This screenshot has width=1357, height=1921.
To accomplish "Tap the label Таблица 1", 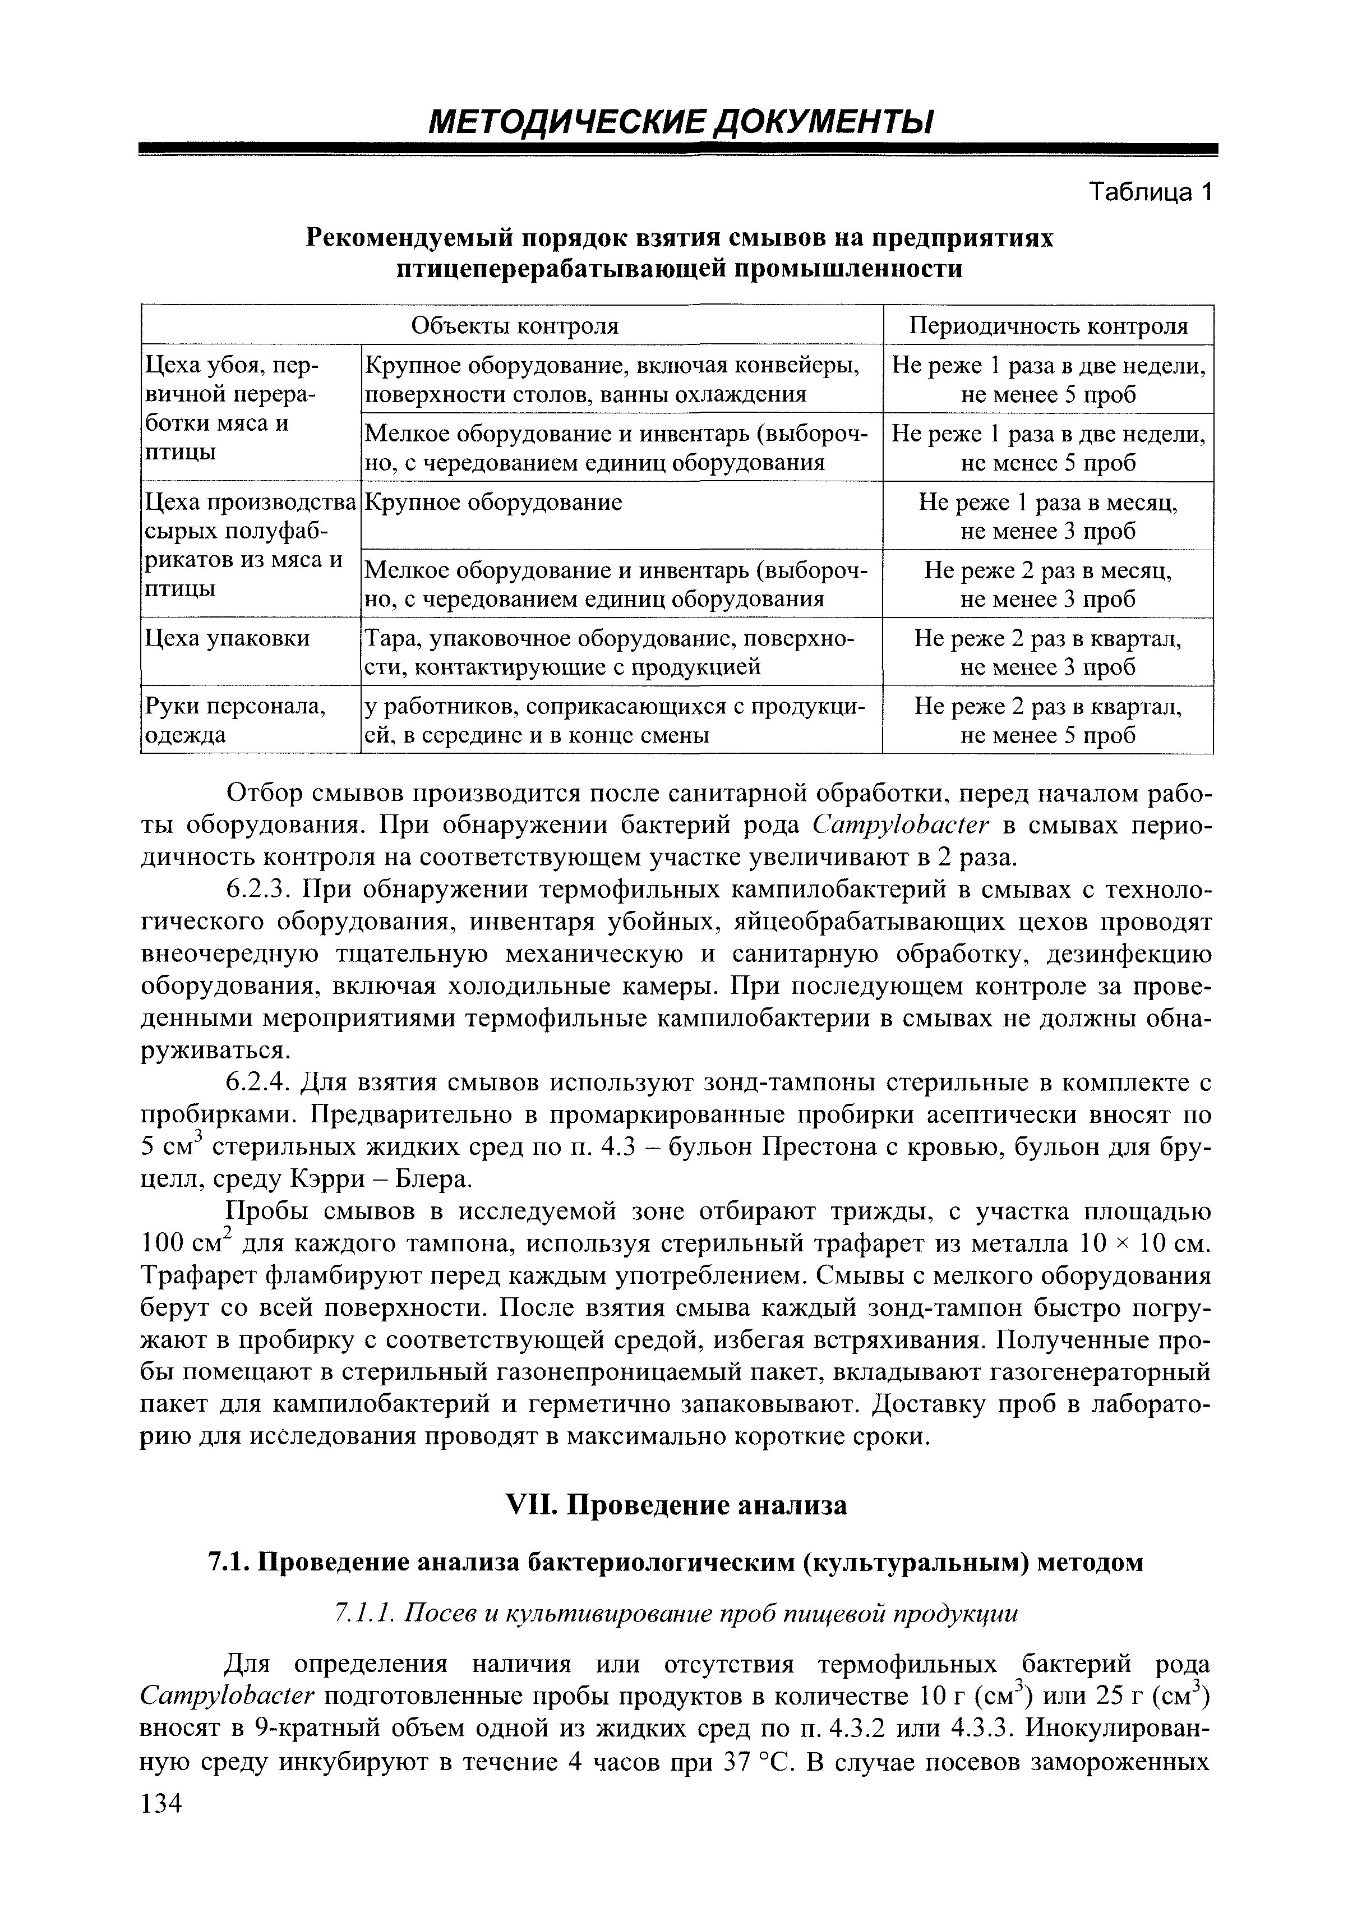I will [x=1150, y=192].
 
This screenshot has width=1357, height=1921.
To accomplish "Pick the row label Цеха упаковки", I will [x=228, y=638].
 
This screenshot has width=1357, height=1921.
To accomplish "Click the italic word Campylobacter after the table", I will [x=901, y=825].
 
